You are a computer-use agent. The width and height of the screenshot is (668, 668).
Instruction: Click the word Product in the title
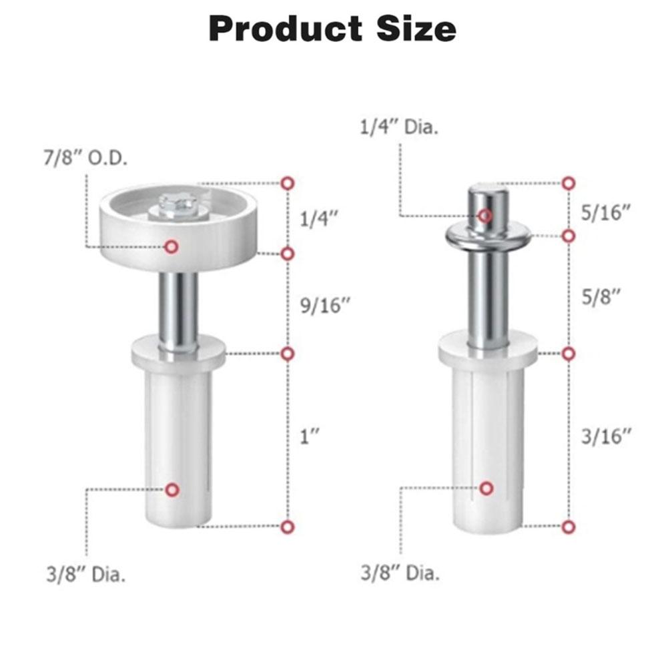point(286,29)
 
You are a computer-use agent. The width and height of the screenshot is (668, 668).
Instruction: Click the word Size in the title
point(416,29)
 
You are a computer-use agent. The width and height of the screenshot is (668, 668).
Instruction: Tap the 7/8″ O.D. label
point(85,158)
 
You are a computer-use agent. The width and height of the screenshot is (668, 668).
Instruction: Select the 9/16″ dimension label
point(325,306)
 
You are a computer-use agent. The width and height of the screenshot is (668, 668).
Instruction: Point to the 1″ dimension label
point(310,437)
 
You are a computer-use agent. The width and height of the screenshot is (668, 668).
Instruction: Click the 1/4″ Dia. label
point(399,127)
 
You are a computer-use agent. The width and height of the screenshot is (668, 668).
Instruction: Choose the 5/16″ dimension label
point(606,213)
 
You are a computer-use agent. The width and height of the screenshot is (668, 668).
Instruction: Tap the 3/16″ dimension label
point(606,436)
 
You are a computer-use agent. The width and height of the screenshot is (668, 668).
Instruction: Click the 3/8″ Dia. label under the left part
point(86,575)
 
